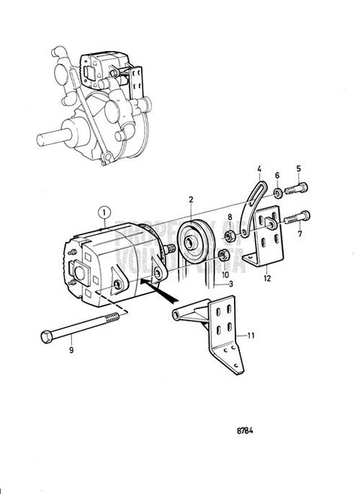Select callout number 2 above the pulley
tap(192, 199)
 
